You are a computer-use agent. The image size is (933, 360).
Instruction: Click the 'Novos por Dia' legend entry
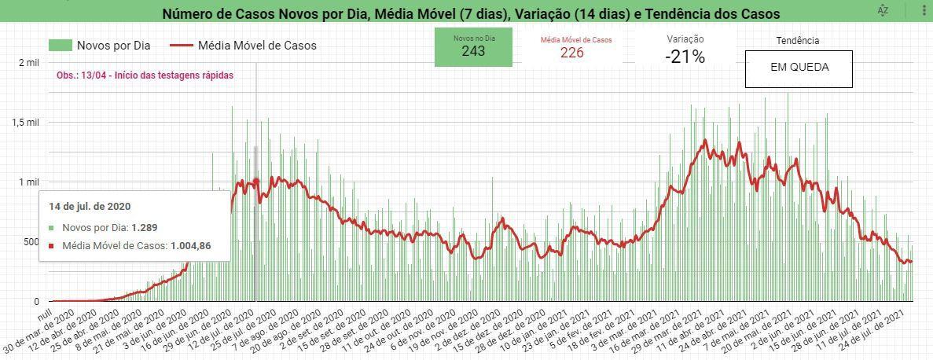pos(99,46)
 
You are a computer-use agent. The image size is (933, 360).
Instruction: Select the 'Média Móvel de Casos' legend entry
pos(243,46)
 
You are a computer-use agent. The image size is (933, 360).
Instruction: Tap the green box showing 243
pos(473,47)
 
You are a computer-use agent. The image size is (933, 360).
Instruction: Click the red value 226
pos(571,53)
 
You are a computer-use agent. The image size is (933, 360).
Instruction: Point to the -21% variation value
pos(685,57)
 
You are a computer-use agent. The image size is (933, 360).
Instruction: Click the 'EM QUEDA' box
pos(799,68)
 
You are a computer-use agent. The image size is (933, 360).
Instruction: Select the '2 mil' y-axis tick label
pos(28,62)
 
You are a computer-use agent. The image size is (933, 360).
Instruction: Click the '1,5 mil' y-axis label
pos(26,122)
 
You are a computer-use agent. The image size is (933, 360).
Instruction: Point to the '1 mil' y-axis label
pos(28,182)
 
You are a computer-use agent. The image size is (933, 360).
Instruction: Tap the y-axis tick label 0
pos(35,302)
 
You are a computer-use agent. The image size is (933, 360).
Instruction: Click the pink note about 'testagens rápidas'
pos(145,75)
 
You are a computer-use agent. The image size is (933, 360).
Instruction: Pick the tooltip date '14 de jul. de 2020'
pos(90,207)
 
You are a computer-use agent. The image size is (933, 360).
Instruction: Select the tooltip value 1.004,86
pos(191,244)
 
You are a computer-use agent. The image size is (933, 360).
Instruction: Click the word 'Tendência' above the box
pos(797,40)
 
